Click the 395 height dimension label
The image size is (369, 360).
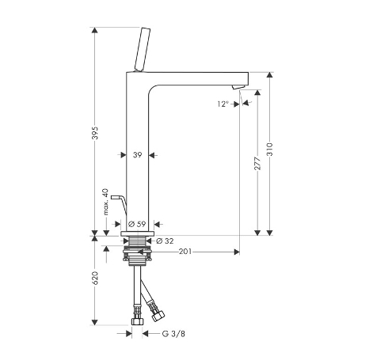tap(96, 133)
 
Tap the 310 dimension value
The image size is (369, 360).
tap(269, 150)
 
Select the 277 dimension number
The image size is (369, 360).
tap(257, 164)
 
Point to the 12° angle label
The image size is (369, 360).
tap(223, 104)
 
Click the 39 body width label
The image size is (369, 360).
tap(137, 155)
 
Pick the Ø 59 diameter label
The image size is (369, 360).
tap(137, 224)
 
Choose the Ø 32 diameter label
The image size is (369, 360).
tap(165, 241)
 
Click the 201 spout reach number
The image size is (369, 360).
tap(185, 252)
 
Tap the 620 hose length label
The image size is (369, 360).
tap(96, 278)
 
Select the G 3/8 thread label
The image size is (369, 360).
tap(173, 334)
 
